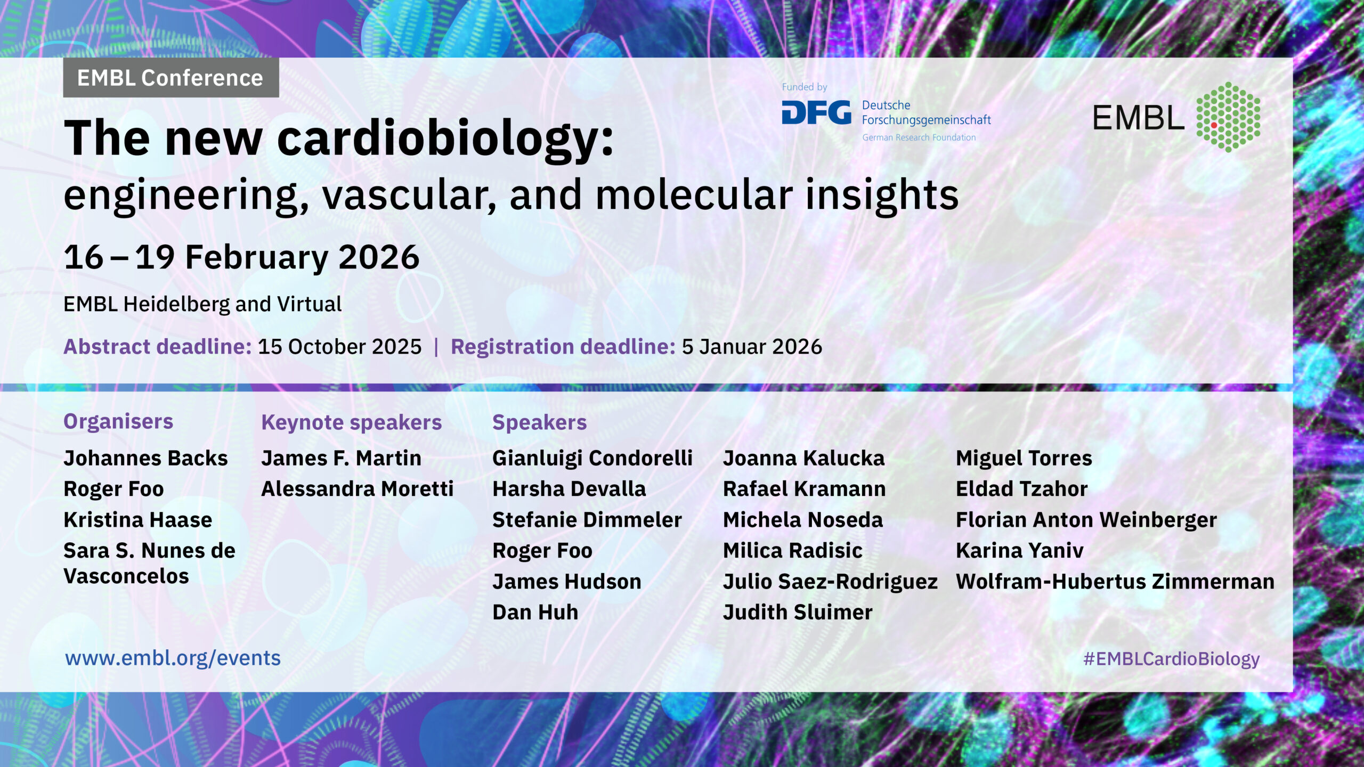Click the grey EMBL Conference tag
[x=170, y=78]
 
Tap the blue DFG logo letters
[x=816, y=113]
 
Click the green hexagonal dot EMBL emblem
[x=1228, y=117]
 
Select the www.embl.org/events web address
[x=173, y=658]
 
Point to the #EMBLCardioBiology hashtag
[x=1171, y=659]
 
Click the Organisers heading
[x=118, y=421]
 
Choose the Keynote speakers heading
[x=351, y=422]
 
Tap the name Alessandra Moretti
[x=357, y=489]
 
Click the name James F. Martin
[x=341, y=458]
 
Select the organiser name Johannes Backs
[x=145, y=458]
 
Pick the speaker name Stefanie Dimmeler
[x=587, y=520]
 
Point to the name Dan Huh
[x=535, y=613]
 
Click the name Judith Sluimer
[x=798, y=613]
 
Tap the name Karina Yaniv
[x=1019, y=551]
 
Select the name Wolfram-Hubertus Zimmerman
[x=1115, y=582]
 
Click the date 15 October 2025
[x=339, y=347]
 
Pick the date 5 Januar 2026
[x=752, y=347]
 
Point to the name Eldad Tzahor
[x=1021, y=489]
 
